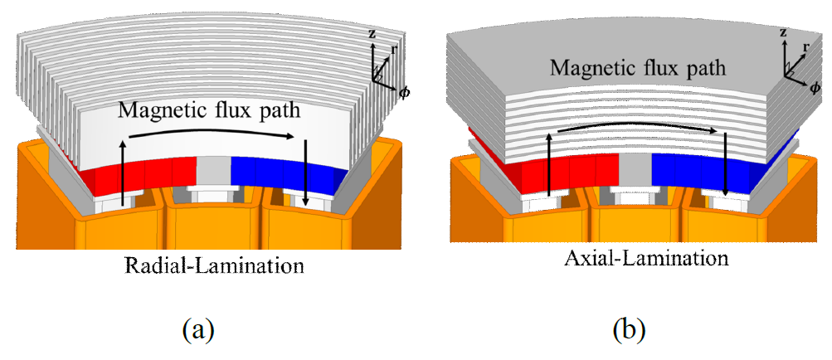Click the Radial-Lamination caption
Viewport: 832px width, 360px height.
tap(213, 266)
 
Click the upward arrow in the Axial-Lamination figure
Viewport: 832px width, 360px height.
tap(549, 165)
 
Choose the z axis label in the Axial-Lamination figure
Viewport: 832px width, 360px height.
tap(783, 32)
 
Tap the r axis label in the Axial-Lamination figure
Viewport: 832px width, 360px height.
tap(805, 48)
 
